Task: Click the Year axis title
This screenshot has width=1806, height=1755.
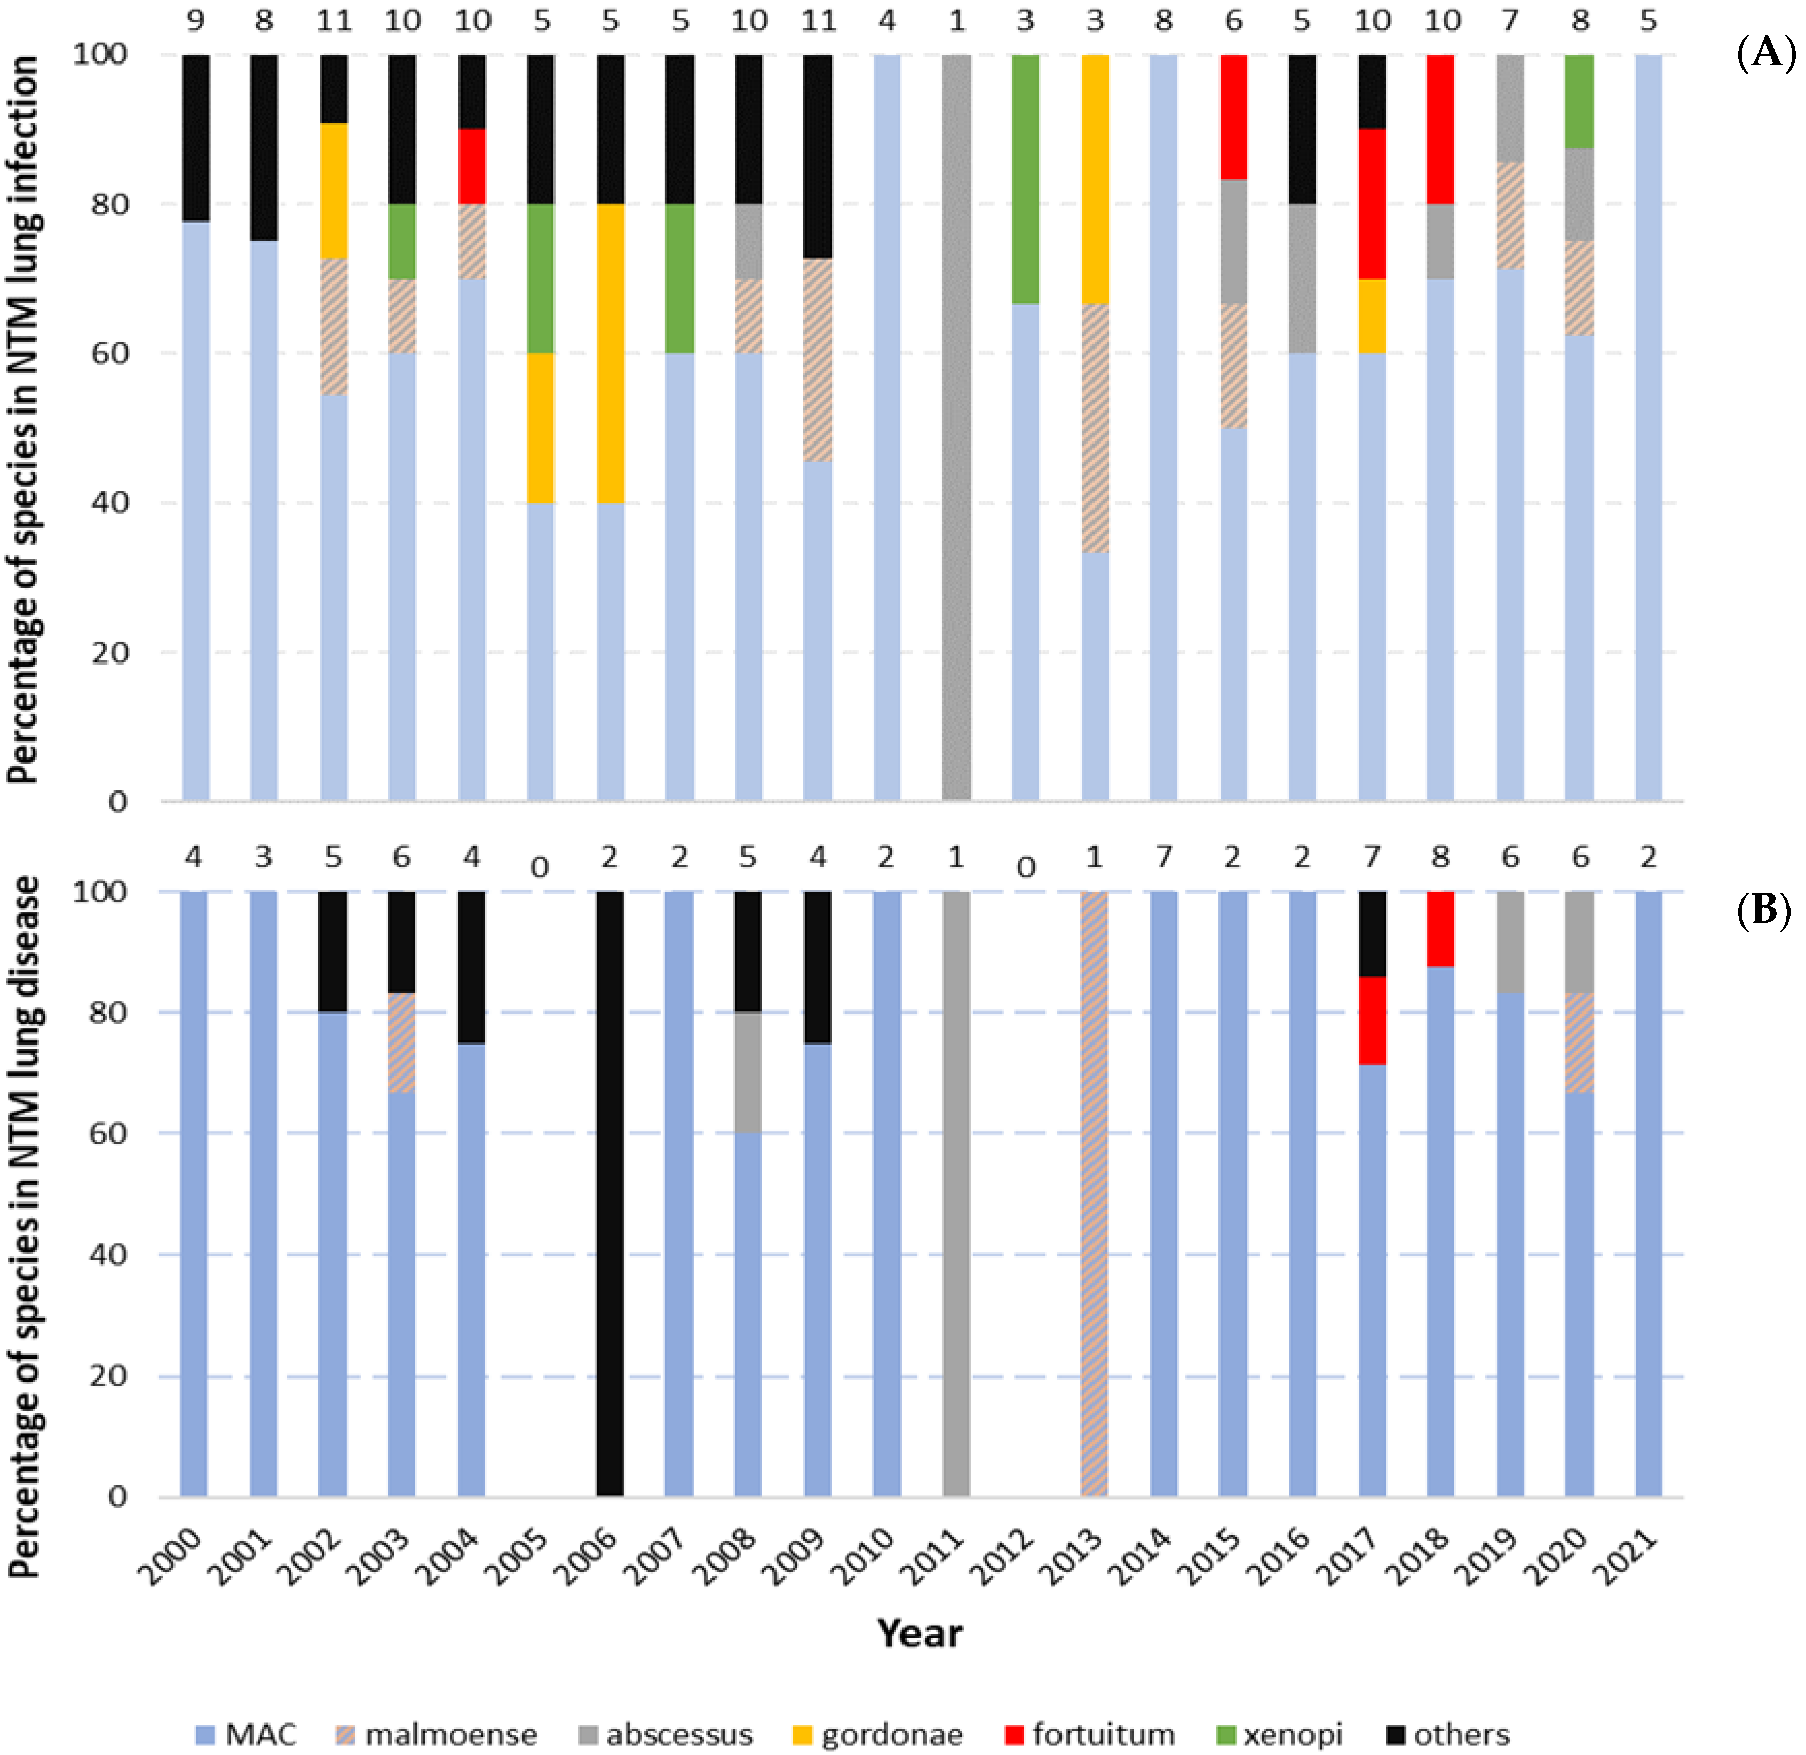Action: coord(919,1633)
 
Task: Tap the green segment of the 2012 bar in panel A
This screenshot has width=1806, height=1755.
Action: coord(1025,180)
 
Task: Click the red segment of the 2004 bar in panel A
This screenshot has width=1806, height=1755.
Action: coord(472,166)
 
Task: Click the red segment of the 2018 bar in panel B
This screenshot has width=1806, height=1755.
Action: coord(1441,928)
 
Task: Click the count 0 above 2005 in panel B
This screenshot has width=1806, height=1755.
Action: coord(540,867)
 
